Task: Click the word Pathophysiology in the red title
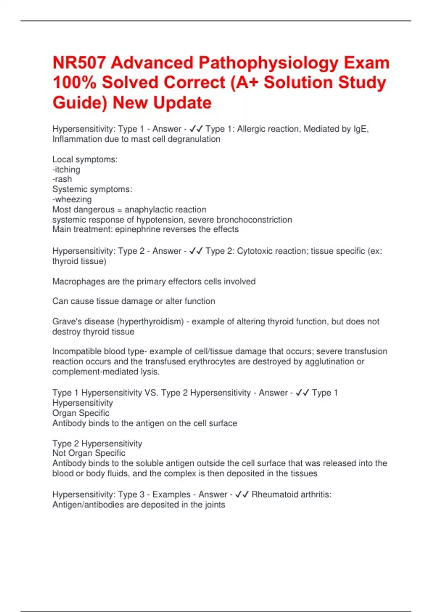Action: coord(269,63)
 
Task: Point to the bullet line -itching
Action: coord(66,170)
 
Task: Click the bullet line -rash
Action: coord(62,179)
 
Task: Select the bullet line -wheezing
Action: coord(72,199)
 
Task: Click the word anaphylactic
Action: coord(147,210)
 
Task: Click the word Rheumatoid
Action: coord(275,495)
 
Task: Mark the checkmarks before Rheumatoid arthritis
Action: coord(242,495)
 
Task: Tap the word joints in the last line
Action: coord(215,505)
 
